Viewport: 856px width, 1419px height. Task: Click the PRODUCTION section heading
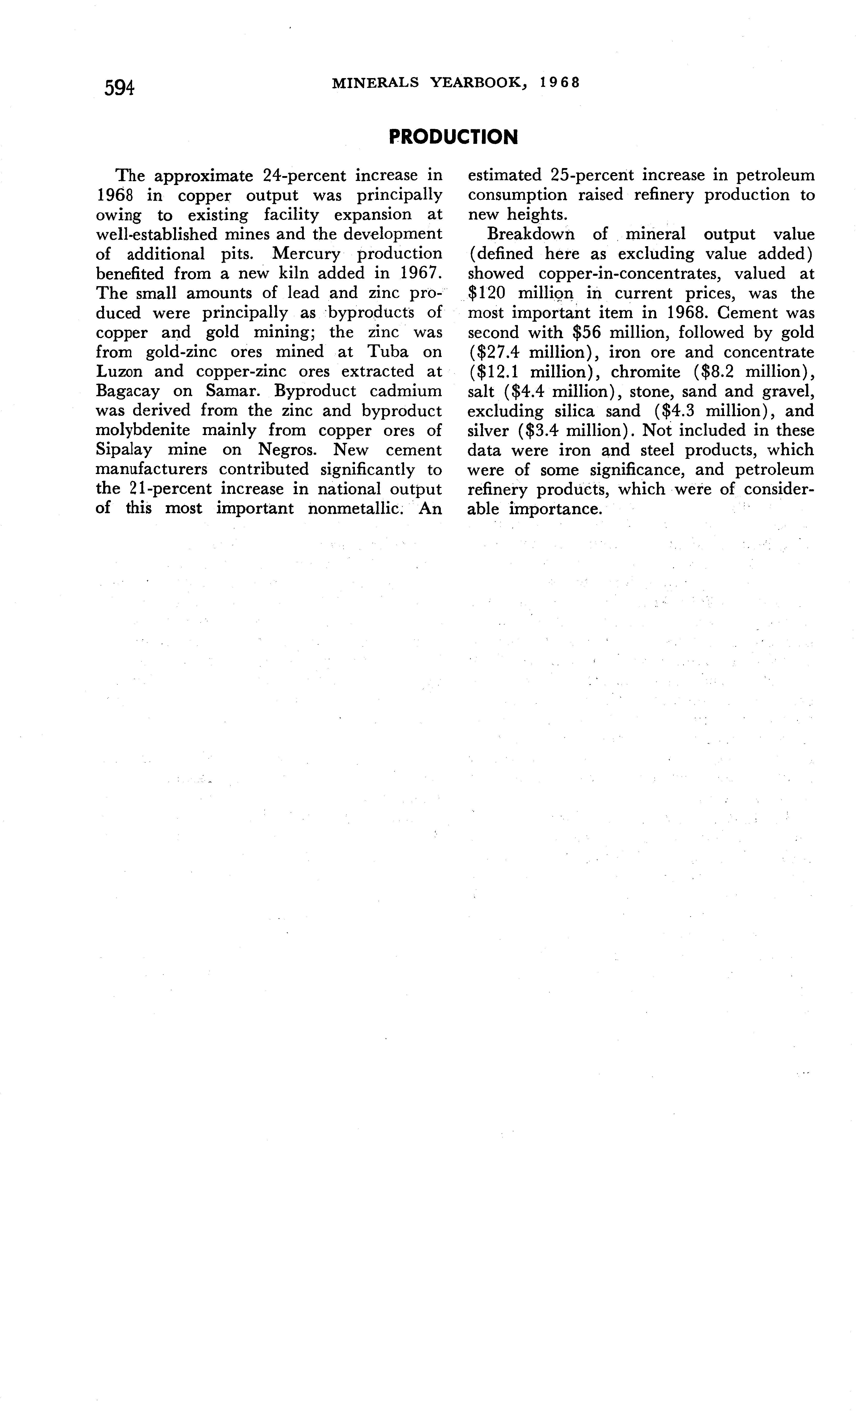click(x=453, y=137)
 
